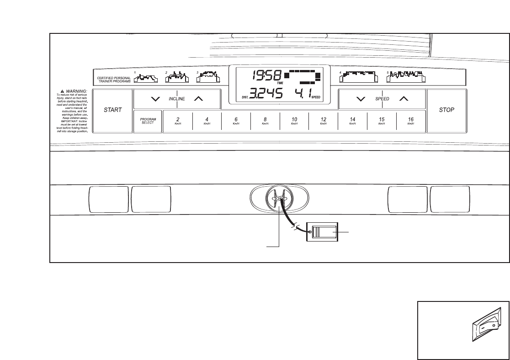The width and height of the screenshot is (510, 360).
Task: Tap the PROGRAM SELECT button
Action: click(148, 121)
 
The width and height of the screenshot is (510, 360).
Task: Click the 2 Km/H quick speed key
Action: click(178, 121)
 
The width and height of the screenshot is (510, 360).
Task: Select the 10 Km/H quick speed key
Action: click(294, 121)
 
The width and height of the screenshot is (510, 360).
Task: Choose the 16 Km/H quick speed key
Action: click(411, 121)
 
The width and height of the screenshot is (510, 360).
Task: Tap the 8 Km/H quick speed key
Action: click(265, 121)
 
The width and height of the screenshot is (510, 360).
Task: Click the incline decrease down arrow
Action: click(155, 98)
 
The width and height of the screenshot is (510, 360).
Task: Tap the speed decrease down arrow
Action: click(361, 98)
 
